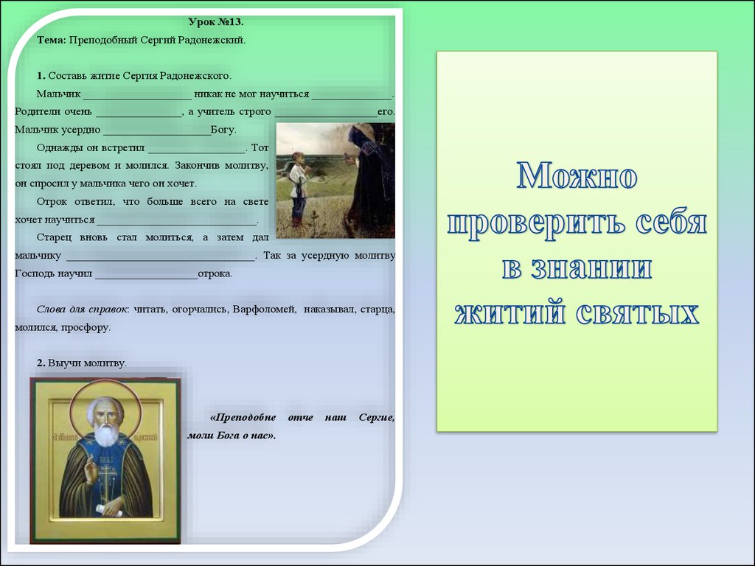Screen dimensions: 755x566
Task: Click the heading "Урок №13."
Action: [216, 21]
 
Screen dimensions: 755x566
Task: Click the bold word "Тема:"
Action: [51, 40]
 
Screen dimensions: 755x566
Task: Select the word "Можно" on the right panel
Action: [577, 176]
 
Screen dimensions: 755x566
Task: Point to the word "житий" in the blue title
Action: [509, 312]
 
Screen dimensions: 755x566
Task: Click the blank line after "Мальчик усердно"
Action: [157, 134]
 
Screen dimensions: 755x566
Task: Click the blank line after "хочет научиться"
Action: [177, 224]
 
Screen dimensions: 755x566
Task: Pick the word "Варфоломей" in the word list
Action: [264, 309]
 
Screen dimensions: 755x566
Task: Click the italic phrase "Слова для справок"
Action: [83, 310]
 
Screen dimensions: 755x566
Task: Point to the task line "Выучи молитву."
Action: [87, 363]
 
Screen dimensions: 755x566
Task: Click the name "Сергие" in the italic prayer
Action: [377, 418]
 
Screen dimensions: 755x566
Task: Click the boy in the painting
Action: [299, 189]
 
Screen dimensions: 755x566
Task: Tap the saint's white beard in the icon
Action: [106, 434]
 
